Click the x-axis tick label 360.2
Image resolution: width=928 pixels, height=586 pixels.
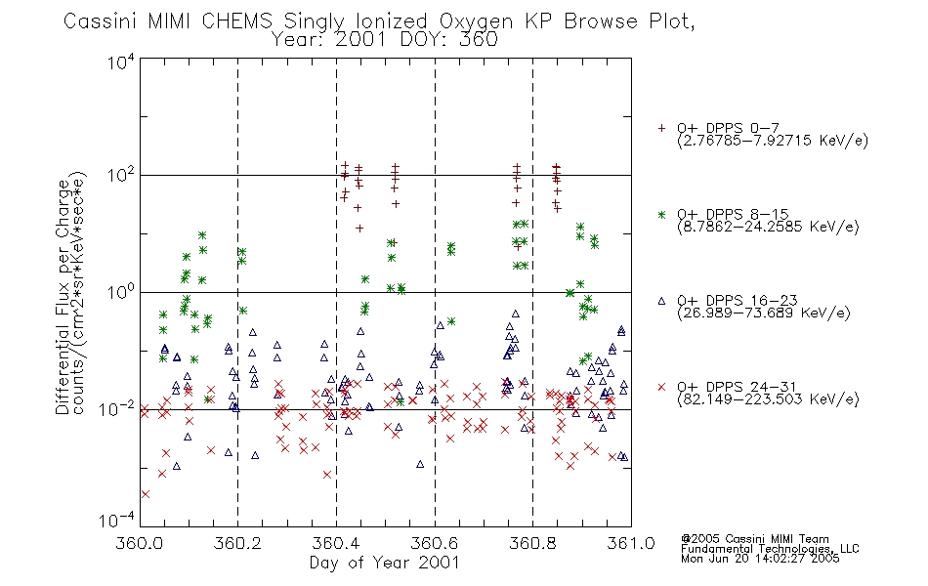tap(238, 543)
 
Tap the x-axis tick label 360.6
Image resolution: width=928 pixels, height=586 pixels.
tap(435, 543)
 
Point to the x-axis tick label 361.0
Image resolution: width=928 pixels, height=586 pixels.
tap(631, 543)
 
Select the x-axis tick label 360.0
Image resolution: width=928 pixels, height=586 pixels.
tap(140, 543)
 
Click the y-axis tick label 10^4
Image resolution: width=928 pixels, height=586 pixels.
tap(121, 62)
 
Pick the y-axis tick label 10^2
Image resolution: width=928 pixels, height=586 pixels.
tap(121, 176)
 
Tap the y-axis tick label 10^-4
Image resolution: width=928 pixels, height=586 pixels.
tap(117, 521)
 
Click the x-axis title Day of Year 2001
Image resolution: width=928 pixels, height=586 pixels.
tap(385, 563)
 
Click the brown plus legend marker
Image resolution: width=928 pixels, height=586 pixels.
tap(661, 128)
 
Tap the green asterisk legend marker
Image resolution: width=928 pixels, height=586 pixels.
tap(661, 215)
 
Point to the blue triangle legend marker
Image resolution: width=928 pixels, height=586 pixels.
tap(661, 301)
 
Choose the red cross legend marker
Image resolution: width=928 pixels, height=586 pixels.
tap(661, 387)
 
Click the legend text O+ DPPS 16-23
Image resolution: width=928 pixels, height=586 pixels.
tap(738, 300)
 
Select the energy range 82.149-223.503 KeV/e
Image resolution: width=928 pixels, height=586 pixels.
tap(768, 399)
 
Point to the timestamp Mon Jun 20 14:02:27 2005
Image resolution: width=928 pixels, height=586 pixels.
tap(760, 559)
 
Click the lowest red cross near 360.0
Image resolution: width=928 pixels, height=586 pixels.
tap(146, 494)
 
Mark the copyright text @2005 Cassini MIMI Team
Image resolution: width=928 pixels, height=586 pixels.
tap(755, 539)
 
